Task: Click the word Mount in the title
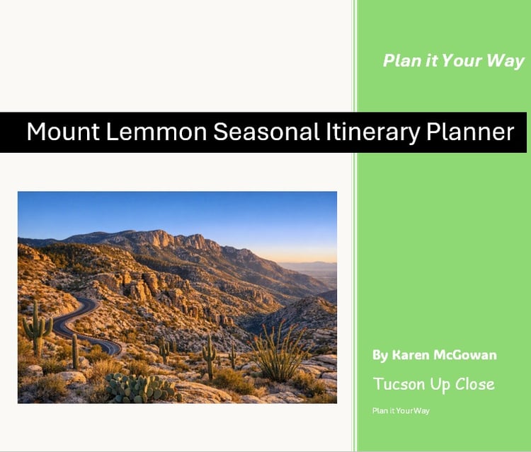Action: tap(63, 132)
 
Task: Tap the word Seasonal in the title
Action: tap(266, 132)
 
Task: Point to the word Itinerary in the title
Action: tap(372, 132)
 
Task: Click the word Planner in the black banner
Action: tap(470, 132)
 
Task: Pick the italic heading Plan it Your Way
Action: tap(453, 61)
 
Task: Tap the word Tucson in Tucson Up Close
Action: tap(399, 384)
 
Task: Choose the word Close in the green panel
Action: tap(475, 384)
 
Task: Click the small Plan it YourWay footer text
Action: tap(401, 411)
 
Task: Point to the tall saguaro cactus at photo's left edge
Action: tap(37, 328)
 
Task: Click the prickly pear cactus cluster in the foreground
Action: tap(142, 388)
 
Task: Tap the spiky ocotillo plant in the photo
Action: tap(280, 352)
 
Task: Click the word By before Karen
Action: tap(380, 355)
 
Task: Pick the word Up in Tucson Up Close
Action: tap(440, 385)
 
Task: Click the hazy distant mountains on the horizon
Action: tap(308, 264)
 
